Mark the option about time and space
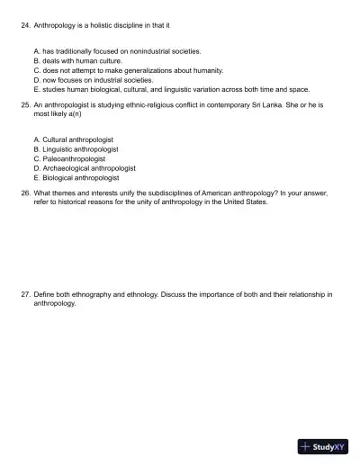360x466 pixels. [171, 88]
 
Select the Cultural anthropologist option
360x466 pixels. [76, 140]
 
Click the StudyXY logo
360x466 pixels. [323, 445]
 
